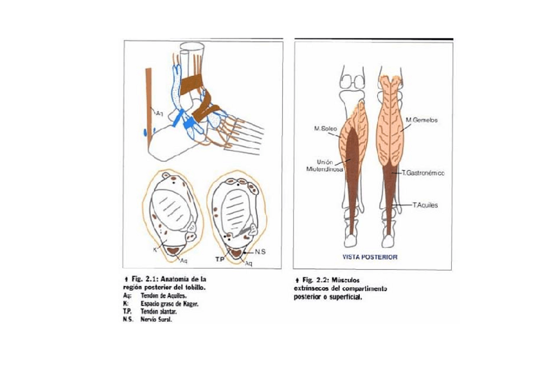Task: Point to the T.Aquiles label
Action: [x=424, y=205]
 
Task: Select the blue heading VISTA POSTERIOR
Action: [x=370, y=256]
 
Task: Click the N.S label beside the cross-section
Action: [x=260, y=251]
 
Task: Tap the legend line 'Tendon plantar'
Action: [x=160, y=310]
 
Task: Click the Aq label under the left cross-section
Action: [x=183, y=260]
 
